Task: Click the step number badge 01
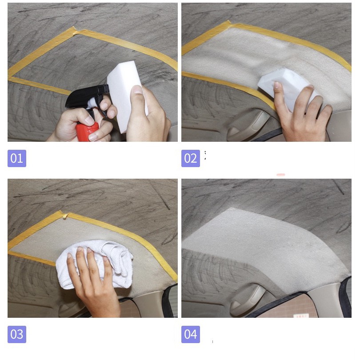click(x=17, y=158)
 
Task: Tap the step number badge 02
click(x=191, y=158)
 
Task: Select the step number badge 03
click(x=17, y=334)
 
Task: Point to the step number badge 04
click(x=191, y=334)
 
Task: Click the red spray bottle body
click(x=87, y=132)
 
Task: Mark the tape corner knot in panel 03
click(x=65, y=215)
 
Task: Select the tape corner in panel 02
click(x=228, y=24)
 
